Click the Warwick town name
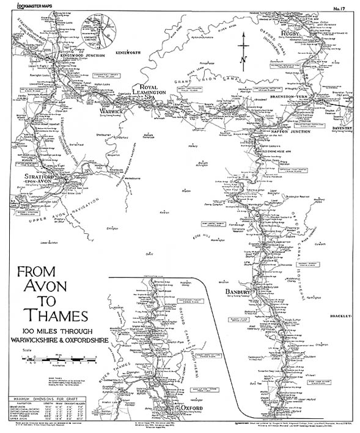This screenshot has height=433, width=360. click(113, 112)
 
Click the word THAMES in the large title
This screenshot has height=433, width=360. click(54, 318)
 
